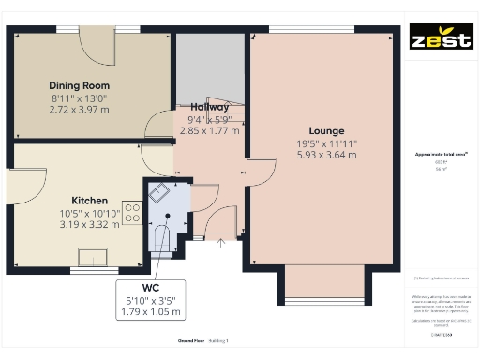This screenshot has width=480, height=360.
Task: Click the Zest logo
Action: pos(440,39)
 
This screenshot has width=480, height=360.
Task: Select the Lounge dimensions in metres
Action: pos(326,155)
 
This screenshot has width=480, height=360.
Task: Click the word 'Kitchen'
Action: pos(90,201)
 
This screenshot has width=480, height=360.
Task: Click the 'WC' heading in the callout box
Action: pos(151,287)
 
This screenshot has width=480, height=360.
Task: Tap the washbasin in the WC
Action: pos(157,193)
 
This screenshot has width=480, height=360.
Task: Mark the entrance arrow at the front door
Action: pos(220,243)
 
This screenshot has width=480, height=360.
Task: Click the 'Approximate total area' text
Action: pos(441,153)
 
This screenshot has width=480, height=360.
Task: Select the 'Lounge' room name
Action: pos(326,130)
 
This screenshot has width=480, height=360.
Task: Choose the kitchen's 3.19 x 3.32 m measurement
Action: pos(90,224)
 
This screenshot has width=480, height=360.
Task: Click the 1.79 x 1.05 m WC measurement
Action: pos(151,310)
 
